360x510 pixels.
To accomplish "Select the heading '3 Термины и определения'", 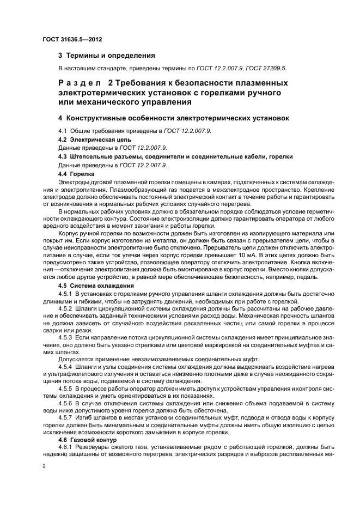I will (x=107, y=56).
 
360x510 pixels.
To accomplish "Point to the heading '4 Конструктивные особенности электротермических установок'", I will (x=174, y=118).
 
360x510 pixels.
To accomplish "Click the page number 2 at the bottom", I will (x=44, y=467).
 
